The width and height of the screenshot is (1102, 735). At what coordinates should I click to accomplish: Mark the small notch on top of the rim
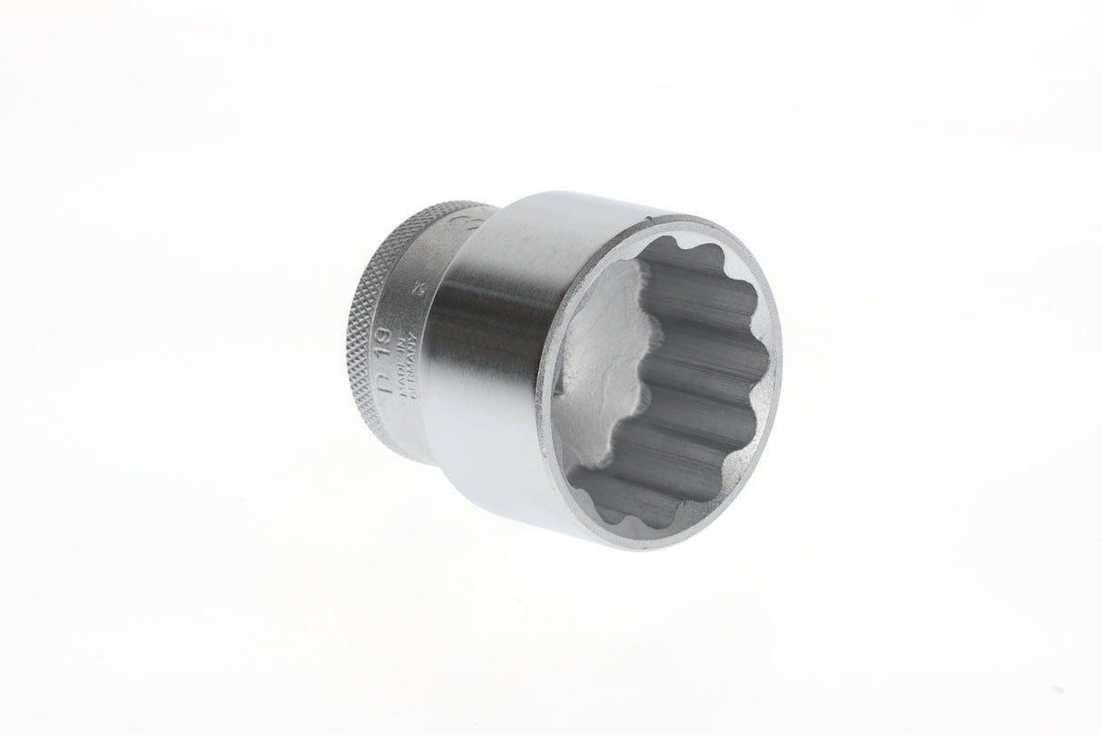(671, 218)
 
